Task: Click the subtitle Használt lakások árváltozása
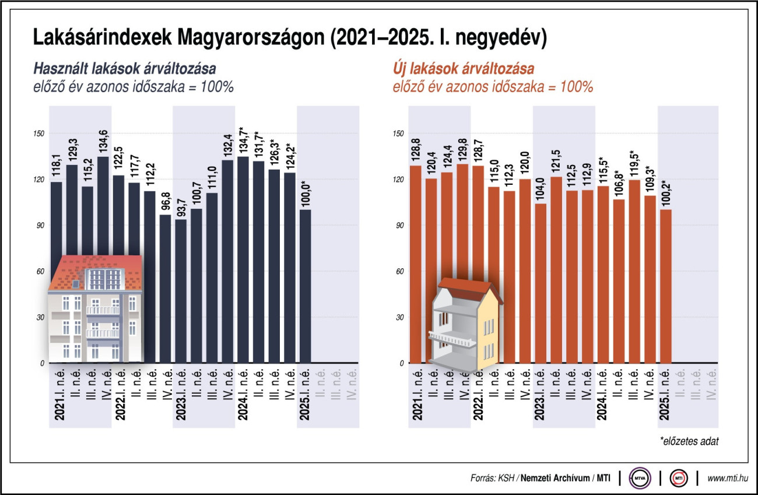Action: click(x=124, y=69)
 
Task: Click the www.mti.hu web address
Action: click(x=727, y=479)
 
